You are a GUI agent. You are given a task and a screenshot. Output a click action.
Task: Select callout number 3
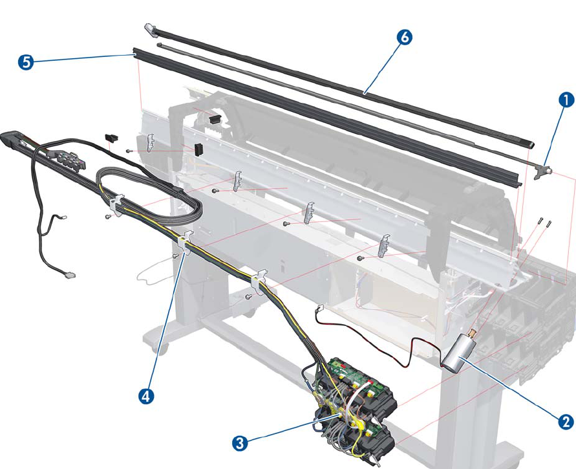tap(240, 442)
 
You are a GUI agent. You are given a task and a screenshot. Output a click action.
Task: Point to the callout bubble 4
tap(147, 396)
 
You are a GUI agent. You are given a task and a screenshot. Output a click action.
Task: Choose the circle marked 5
tap(27, 61)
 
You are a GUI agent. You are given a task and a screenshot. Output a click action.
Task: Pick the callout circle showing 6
tap(403, 37)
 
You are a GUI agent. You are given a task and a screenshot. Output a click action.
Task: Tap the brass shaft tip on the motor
tap(471, 334)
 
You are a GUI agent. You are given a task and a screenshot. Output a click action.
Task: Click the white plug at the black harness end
tap(70, 276)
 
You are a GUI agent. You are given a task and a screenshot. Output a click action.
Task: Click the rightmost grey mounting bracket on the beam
tap(384, 245)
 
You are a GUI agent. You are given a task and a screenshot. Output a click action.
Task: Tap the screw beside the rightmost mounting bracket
tap(359, 257)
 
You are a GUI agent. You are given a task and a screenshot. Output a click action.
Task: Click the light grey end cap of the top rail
tap(149, 29)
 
